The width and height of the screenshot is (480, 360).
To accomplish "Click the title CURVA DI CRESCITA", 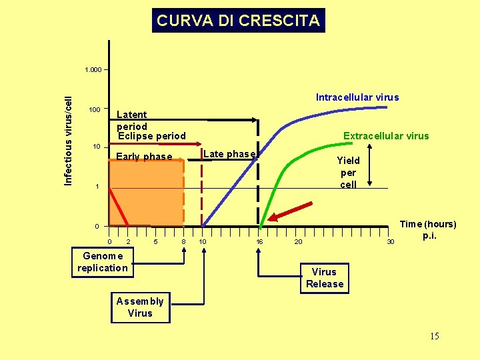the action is pos(238,21).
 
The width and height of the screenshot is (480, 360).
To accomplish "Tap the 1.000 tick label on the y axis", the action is pos(93,70).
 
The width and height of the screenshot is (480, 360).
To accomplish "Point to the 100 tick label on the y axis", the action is pos(94,109).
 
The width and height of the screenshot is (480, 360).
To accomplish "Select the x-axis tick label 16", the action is pos(260,241).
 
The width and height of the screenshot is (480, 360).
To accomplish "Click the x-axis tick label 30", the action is pos(391,241).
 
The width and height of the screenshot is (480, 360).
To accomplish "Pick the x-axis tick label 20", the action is pos(299,241).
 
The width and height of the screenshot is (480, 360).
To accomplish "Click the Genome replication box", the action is pos(103,262).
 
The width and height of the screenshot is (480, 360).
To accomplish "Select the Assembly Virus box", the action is pos(140,307).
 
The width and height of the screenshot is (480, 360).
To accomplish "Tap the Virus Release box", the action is pos(325,278).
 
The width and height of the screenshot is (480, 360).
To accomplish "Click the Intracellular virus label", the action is pos(357,97).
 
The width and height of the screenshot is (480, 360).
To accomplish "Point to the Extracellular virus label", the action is pos(386,136).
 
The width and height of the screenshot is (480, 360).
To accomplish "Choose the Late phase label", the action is pos(229,154).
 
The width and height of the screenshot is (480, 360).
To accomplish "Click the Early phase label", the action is pos(144,157).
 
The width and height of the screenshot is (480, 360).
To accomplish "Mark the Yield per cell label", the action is pos(348,172).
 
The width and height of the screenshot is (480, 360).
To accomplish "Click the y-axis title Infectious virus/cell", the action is pos(68,141).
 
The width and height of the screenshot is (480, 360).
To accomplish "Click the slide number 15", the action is pos(434,336).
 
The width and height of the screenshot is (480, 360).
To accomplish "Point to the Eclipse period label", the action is pos(152,137).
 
